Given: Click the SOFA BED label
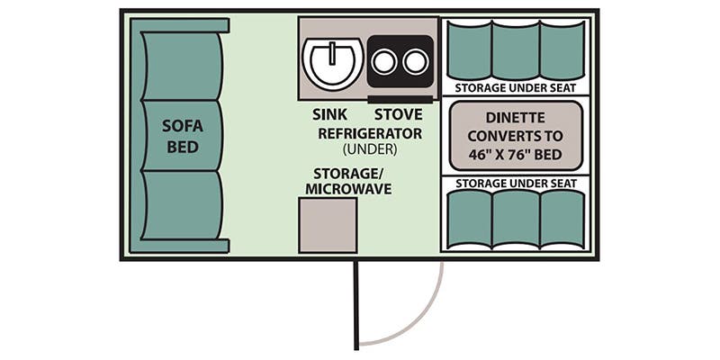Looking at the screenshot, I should [181, 136].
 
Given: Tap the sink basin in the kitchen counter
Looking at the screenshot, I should [332, 61].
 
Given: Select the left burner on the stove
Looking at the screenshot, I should [385, 61].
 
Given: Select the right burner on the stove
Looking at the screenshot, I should [415, 61].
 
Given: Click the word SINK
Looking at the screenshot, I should [328, 115].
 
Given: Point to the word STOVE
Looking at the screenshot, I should [398, 115].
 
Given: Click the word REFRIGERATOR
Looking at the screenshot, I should [370, 133].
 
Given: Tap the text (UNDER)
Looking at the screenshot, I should [370, 149].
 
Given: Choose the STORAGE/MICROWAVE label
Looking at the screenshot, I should [346, 181].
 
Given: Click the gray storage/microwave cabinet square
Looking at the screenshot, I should [328, 225].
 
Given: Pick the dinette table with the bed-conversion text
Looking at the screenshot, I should [515, 136].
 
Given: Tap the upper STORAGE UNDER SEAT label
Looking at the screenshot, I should [516, 88].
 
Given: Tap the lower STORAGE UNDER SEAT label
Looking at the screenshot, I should [516, 184].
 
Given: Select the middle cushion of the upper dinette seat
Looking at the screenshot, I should [516, 50].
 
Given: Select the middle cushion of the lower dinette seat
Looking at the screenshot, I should [516, 219].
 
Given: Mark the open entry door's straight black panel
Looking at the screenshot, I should [356, 304].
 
